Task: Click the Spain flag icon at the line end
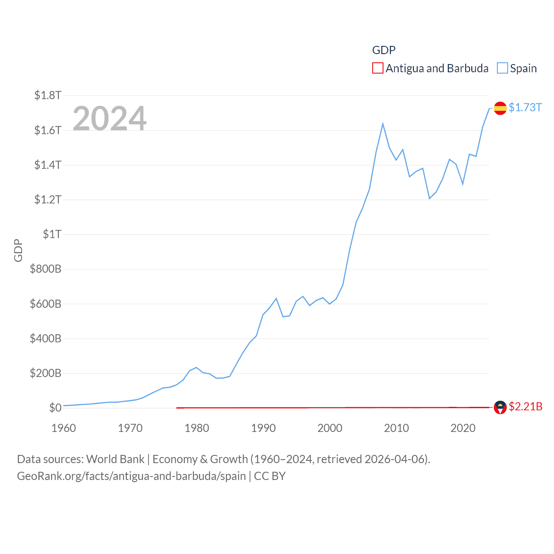pos(500,108)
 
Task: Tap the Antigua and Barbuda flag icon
pos(500,407)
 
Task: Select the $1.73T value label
pos(525,107)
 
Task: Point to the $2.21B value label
pos(525,407)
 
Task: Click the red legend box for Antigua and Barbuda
pos(377,68)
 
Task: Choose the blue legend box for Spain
pos(502,68)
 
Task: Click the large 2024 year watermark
pos(110,119)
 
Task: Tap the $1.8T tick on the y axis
pos(48,95)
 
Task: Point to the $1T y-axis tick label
pos(52,234)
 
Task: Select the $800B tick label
pos(45,269)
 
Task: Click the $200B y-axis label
pos(45,373)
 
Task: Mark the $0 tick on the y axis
pos(55,408)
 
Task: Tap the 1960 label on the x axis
pos(64,428)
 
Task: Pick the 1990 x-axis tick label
pos(263,428)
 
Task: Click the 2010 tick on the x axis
pos(396,428)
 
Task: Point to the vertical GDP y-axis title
pos(18,250)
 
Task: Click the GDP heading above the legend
pos(383,50)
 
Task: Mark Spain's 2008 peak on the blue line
pos(383,124)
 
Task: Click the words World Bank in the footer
pos(115,459)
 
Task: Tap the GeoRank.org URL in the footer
pos(131,476)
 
